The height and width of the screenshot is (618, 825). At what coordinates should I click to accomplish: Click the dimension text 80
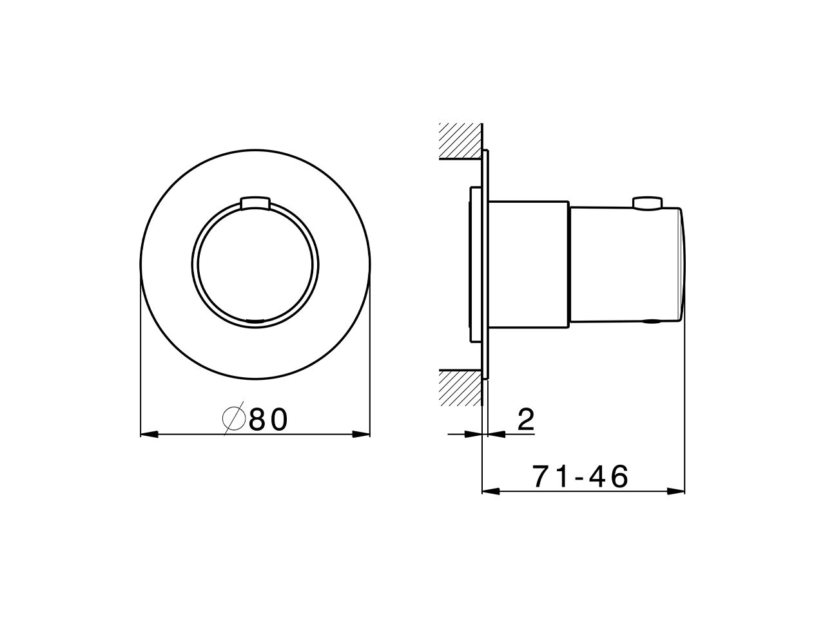coord(267,420)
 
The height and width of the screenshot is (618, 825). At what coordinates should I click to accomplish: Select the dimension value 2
coord(526,420)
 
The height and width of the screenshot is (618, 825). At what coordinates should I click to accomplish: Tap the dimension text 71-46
coord(580,477)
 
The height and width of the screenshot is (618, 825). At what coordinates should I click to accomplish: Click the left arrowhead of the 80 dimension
coord(149,435)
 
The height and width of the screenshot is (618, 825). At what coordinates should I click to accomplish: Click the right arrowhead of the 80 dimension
coord(362,435)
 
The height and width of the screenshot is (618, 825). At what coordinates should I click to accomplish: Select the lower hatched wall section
coord(460,388)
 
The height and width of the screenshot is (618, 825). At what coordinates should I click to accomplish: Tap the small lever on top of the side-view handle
coord(647,203)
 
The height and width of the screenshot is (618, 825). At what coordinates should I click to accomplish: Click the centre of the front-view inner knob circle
coord(255,265)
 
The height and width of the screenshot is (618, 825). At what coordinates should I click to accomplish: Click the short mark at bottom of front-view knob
coord(255,320)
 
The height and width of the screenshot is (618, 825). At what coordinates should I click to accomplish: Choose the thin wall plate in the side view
coord(485,265)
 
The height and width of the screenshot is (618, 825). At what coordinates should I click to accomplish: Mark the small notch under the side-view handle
coord(651,321)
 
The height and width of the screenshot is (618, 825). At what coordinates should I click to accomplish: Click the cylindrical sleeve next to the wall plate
coord(529,265)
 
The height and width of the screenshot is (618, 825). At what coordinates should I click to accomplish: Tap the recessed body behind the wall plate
coord(474,265)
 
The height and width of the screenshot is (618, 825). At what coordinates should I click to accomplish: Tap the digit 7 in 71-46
coord(540,477)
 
